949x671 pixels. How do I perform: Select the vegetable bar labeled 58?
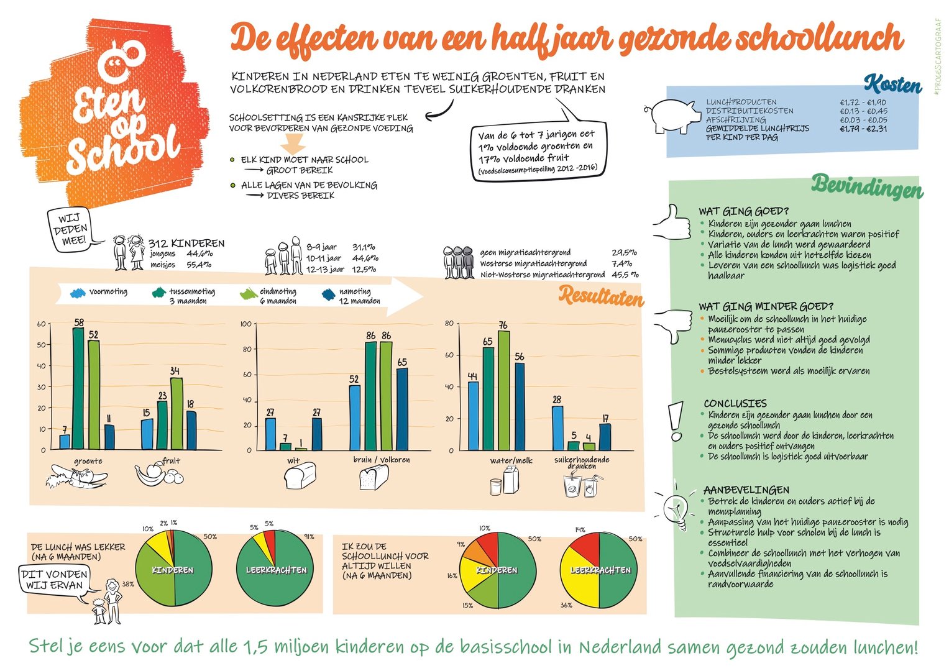(x=78, y=388)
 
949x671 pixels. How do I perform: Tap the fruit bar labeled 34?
(x=177, y=413)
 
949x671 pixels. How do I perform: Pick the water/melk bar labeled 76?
(x=504, y=390)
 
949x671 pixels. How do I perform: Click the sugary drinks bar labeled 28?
(x=557, y=428)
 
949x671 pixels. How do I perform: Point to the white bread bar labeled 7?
(x=285, y=446)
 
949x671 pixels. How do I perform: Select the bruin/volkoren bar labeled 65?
(x=402, y=409)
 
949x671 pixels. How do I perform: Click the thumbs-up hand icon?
(x=672, y=222)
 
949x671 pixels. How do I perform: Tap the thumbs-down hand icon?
(x=674, y=326)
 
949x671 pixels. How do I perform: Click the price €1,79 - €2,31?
(x=863, y=129)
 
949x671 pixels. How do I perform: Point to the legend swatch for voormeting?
(x=78, y=293)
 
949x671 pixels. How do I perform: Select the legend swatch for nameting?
(x=329, y=294)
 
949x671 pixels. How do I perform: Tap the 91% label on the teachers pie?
(x=309, y=537)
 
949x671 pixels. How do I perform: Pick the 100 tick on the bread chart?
(x=246, y=324)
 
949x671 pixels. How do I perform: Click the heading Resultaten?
(x=601, y=296)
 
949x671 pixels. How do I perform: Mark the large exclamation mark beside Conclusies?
(x=677, y=421)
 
